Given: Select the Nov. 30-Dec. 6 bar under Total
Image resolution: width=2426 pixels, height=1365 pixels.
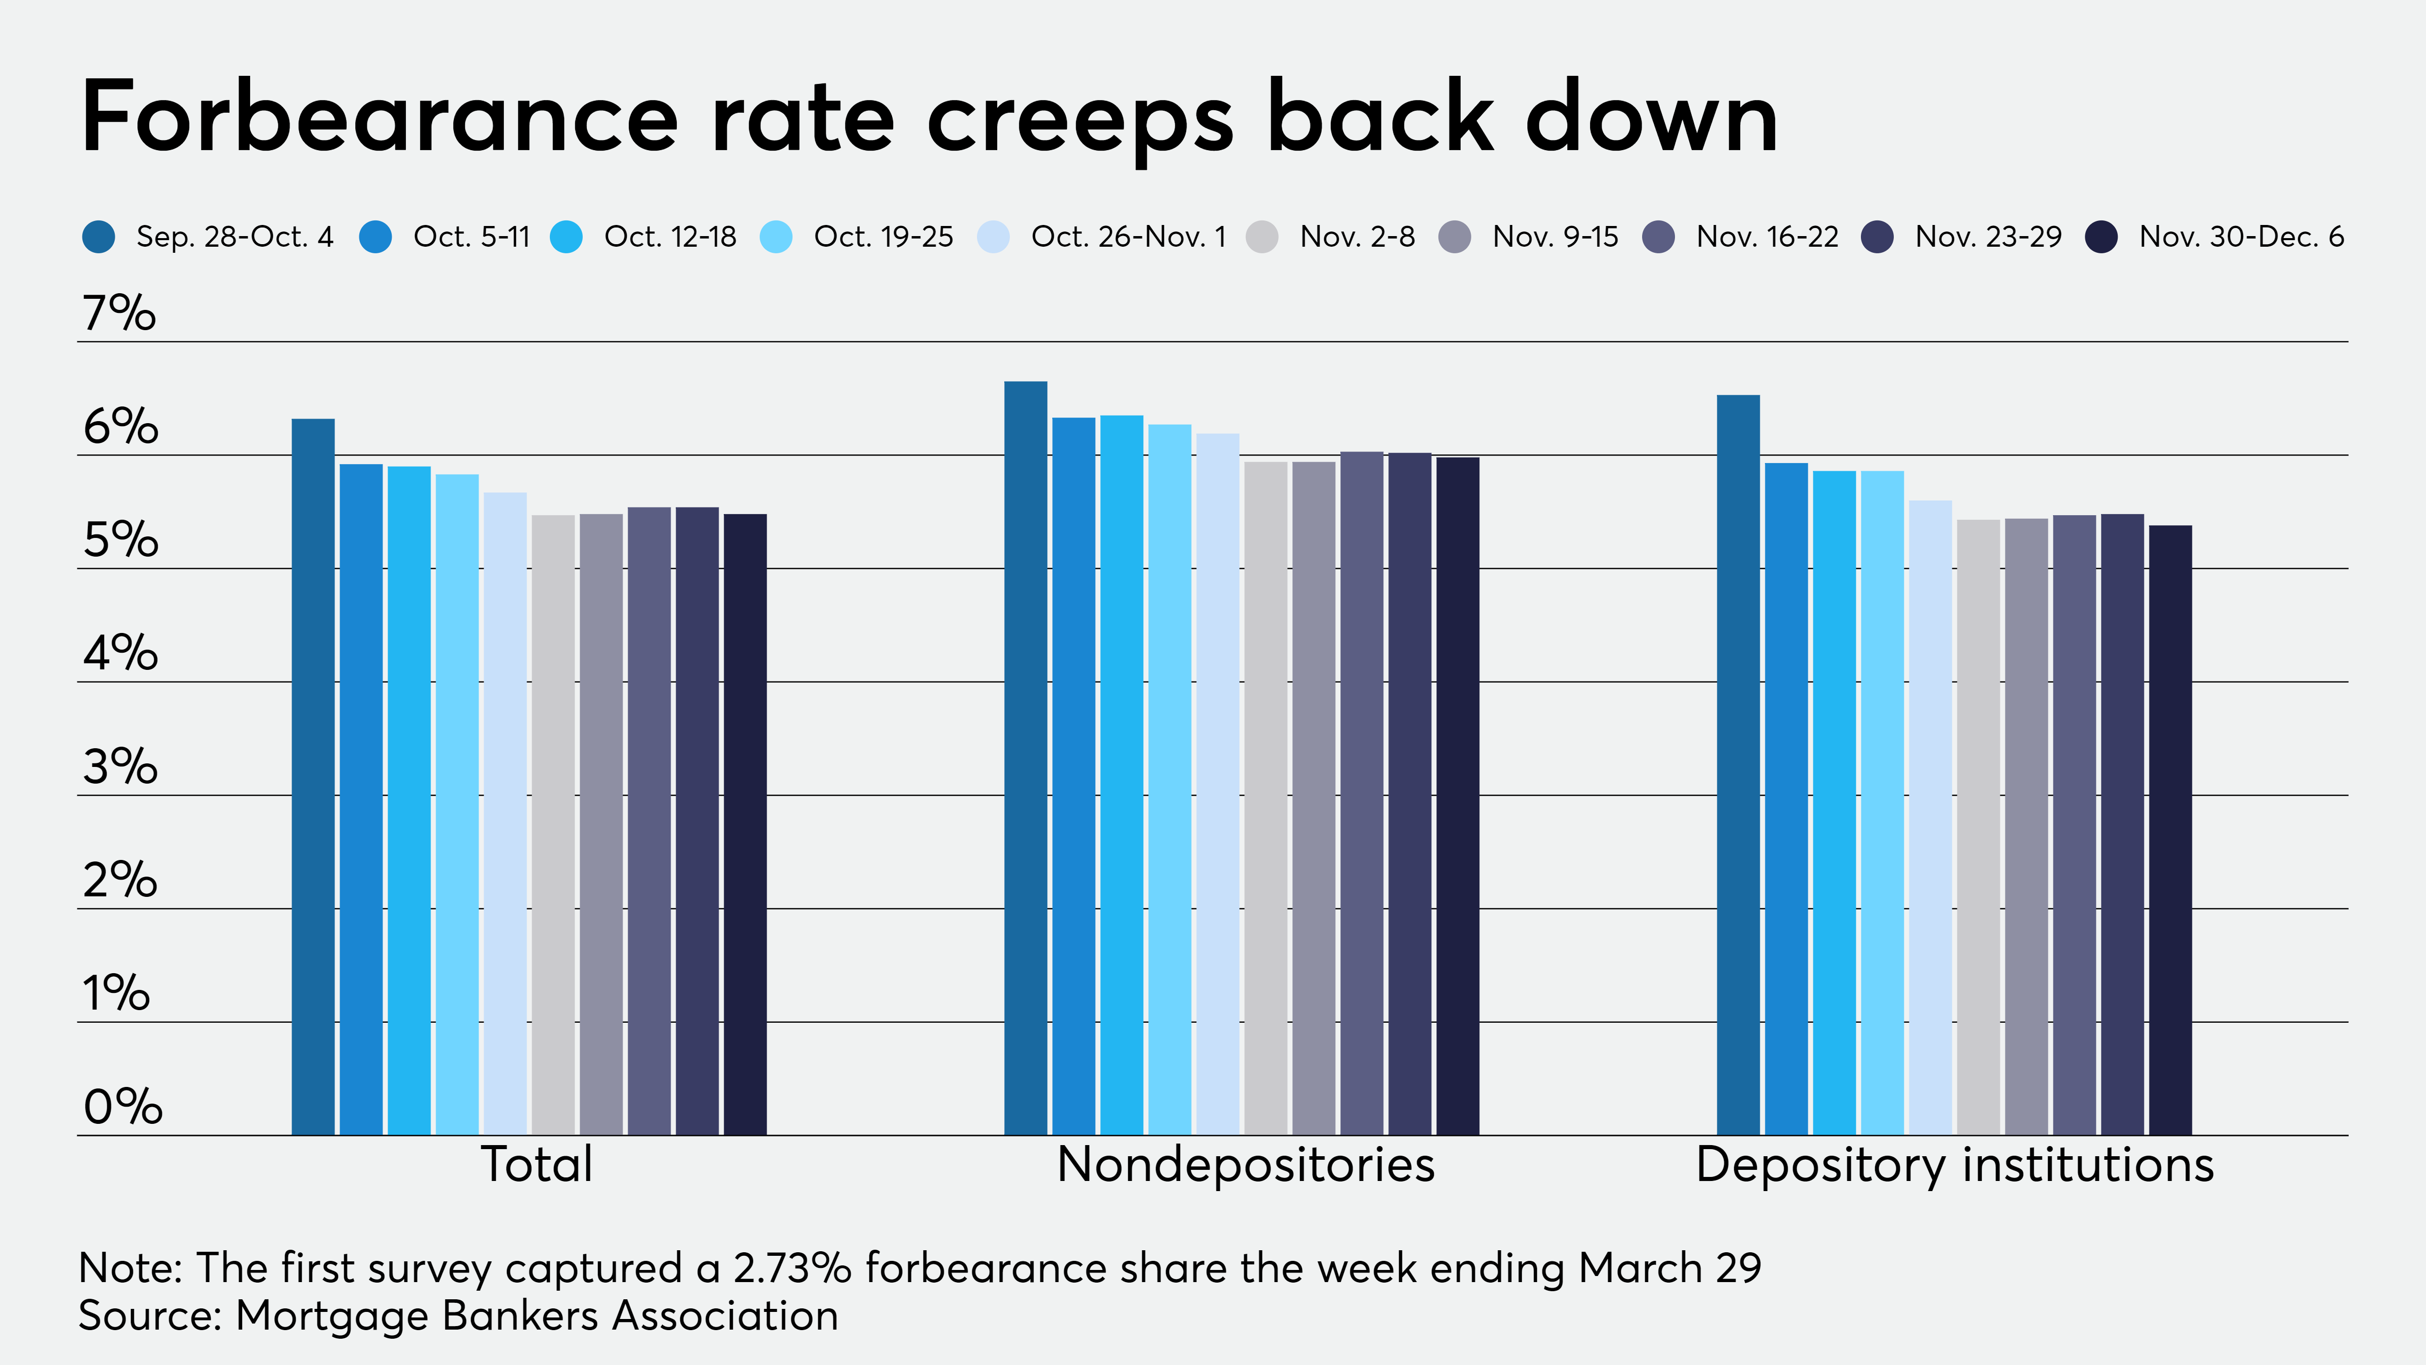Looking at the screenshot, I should click(745, 824).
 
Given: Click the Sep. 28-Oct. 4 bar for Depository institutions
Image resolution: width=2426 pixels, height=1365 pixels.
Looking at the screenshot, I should click(1738, 765).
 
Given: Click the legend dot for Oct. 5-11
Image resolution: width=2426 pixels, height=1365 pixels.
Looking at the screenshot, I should click(376, 237).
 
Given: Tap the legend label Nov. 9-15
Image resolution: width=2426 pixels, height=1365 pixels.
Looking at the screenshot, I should click(1555, 237).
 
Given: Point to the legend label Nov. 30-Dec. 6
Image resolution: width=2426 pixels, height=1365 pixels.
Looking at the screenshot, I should click(2242, 237).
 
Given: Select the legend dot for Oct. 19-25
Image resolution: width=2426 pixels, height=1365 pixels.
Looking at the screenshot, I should click(776, 237).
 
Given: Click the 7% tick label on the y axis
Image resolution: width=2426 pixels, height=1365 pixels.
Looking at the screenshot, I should click(119, 313).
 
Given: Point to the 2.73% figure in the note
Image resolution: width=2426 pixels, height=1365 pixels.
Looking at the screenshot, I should click(792, 1268).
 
